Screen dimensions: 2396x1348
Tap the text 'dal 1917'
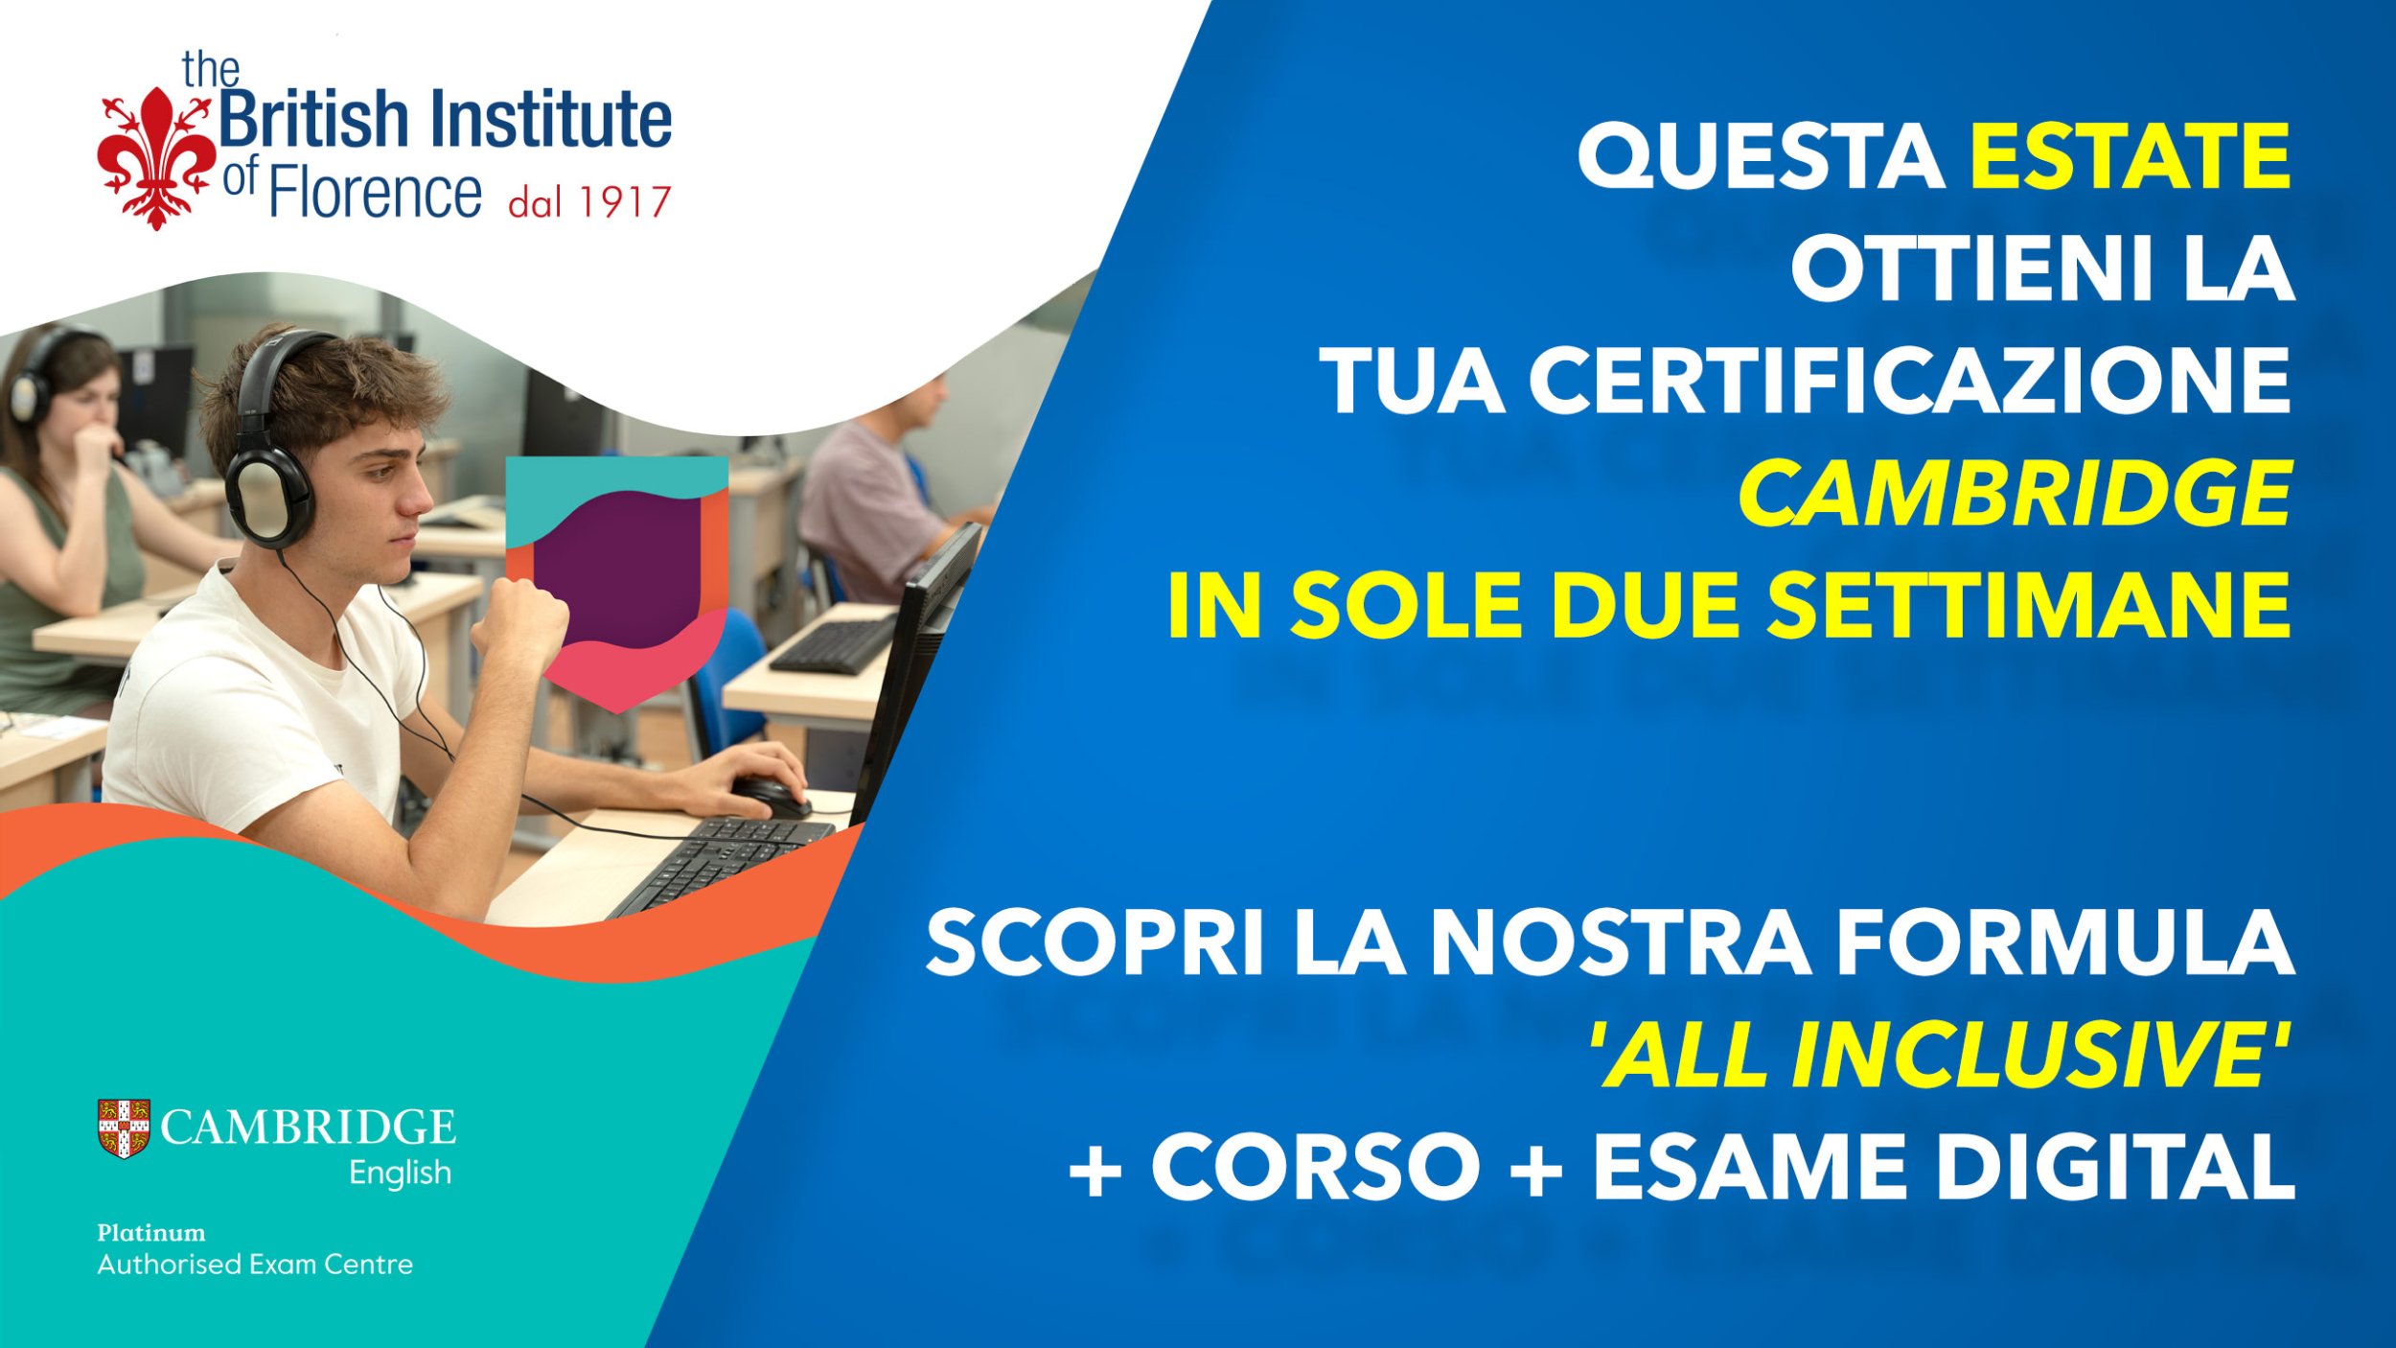pos(589,202)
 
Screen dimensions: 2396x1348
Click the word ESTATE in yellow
pos(2130,156)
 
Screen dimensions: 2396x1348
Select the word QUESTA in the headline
pos(1761,157)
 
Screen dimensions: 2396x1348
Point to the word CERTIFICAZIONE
pos(1909,381)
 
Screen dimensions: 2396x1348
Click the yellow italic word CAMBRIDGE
pos(2016,493)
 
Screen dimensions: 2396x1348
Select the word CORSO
pos(1315,1167)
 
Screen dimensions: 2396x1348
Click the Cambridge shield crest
pos(124,1128)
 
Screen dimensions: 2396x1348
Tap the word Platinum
pos(151,1233)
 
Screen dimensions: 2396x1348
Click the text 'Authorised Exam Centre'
pos(255,1265)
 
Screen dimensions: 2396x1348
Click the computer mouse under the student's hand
pos(772,797)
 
